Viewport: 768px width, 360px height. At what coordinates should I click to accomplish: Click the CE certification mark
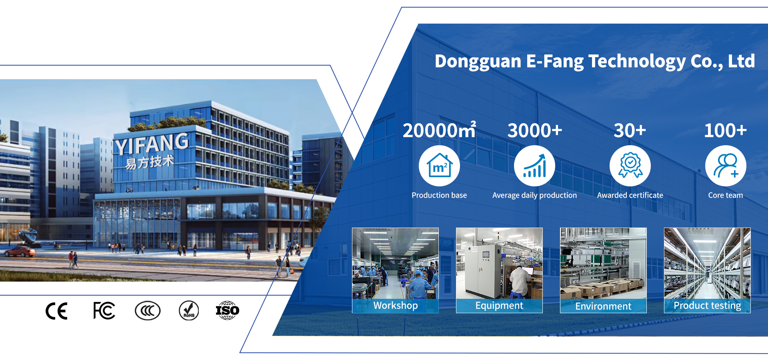[56, 311]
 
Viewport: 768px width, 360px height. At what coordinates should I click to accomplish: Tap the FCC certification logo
[104, 311]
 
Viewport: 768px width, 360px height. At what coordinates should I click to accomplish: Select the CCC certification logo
[148, 311]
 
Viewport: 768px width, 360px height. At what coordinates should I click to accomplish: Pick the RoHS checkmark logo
[189, 311]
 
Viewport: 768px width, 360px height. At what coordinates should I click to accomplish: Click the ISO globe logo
[228, 310]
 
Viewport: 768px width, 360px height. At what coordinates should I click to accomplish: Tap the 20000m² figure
[439, 130]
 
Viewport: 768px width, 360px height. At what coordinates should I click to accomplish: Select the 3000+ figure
[535, 131]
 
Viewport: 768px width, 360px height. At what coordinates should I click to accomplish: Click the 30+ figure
[630, 131]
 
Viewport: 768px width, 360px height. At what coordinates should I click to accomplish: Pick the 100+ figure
[725, 131]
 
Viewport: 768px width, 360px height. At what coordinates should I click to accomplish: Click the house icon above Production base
[439, 166]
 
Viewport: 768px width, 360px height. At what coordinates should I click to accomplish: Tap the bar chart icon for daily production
[534, 166]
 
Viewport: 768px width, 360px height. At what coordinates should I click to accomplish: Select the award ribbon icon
[630, 166]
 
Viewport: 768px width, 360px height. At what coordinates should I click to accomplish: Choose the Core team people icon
[726, 166]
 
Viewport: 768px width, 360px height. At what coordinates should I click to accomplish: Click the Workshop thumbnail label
[396, 306]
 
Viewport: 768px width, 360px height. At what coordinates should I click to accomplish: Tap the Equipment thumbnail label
[499, 306]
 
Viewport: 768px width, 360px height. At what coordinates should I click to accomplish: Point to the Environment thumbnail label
[603, 306]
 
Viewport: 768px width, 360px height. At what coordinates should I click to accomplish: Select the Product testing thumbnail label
[707, 306]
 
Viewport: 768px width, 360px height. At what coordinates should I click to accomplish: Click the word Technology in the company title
[637, 62]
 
